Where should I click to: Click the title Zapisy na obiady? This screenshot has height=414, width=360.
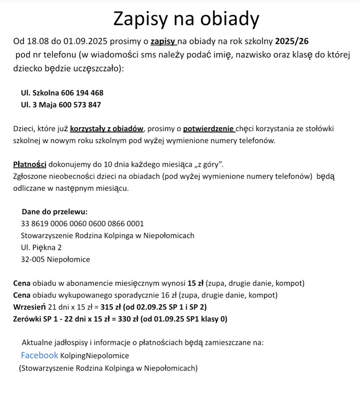[x=186, y=19]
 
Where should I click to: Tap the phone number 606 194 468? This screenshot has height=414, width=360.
[x=82, y=93]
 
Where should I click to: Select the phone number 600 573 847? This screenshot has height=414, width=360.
[x=80, y=105]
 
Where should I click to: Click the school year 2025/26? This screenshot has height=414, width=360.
[x=295, y=40]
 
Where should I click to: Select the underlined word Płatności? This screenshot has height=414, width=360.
[x=30, y=165]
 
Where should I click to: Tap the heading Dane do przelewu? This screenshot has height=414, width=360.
[x=54, y=212]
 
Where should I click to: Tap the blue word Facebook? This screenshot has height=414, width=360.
[x=39, y=355]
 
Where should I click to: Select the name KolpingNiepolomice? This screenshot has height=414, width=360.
[x=95, y=356]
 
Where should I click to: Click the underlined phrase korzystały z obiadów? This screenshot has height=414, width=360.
[x=107, y=128]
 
